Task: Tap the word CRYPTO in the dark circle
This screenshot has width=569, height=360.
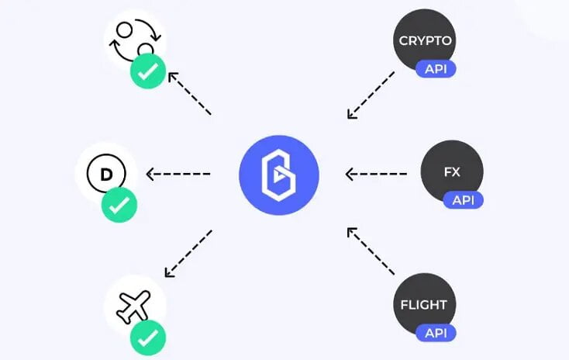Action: click(x=426, y=40)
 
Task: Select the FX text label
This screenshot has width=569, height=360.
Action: click(x=452, y=171)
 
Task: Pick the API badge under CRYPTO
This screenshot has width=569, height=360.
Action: click(x=436, y=68)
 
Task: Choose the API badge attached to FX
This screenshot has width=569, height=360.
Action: click(x=463, y=200)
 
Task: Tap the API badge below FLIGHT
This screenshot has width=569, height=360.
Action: click(x=436, y=333)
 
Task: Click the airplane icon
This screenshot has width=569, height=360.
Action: click(x=133, y=306)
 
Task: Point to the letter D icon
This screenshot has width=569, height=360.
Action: click(x=107, y=174)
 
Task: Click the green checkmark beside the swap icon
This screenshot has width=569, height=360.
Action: click(x=148, y=73)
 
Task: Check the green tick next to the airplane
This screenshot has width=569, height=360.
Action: click(x=147, y=337)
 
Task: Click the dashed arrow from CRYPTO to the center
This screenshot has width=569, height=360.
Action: click(x=371, y=95)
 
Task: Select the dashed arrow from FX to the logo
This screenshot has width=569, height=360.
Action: click(x=376, y=174)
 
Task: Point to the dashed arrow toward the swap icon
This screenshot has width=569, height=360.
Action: click(x=189, y=94)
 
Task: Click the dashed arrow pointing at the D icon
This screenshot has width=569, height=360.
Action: click(x=178, y=174)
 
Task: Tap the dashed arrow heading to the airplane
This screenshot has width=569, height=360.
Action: click(x=188, y=253)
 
